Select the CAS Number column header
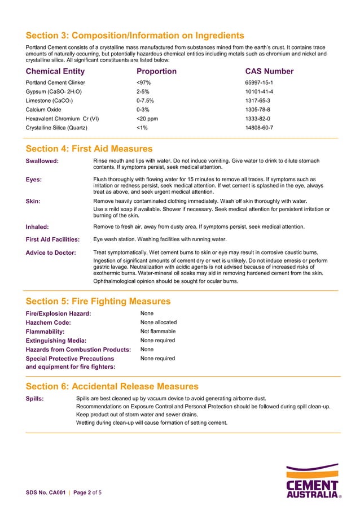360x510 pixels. (x=269, y=71)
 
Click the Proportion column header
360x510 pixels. (x=156, y=71)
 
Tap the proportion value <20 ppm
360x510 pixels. (x=147, y=119)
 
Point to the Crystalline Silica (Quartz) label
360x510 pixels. (x=56, y=128)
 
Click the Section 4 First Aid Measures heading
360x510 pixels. (x=89, y=149)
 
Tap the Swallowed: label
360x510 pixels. (x=42, y=162)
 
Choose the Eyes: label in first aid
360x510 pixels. (x=34, y=180)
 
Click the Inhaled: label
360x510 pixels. (x=37, y=227)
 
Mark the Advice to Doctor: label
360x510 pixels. (x=51, y=252)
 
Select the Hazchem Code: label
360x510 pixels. (x=49, y=322)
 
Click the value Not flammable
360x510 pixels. (x=158, y=332)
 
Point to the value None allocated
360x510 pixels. (x=159, y=322)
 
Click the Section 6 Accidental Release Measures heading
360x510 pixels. (x=112, y=386)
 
